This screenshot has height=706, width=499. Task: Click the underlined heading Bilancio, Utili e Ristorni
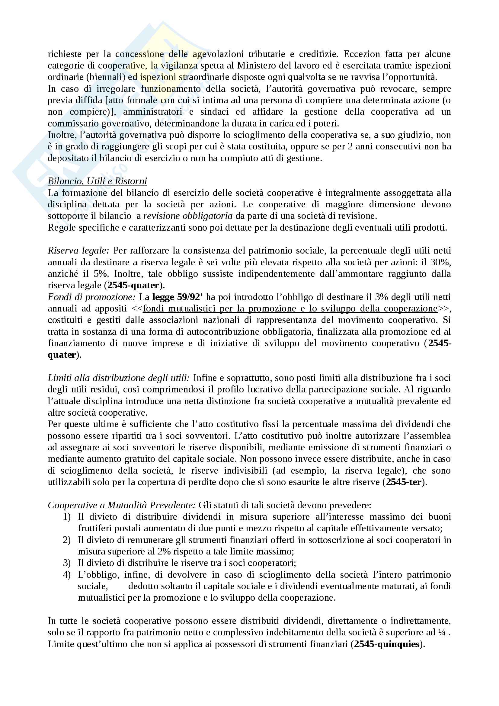pyautogui.click(x=97, y=181)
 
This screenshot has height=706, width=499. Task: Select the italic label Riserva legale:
pyautogui.click(x=78, y=251)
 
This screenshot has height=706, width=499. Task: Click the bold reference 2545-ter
pyautogui.click(x=403, y=482)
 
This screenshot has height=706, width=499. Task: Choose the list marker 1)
pyautogui.click(x=67, y=517)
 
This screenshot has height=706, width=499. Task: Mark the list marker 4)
pyautogui.click(x=67, y=575)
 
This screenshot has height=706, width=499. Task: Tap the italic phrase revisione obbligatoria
pyautogui.click(x=187, y=216)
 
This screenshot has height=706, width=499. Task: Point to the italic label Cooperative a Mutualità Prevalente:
pyautogui.click(x=121, y=505)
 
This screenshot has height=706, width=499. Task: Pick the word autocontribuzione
pyautogui.click(x=222, y=332)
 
